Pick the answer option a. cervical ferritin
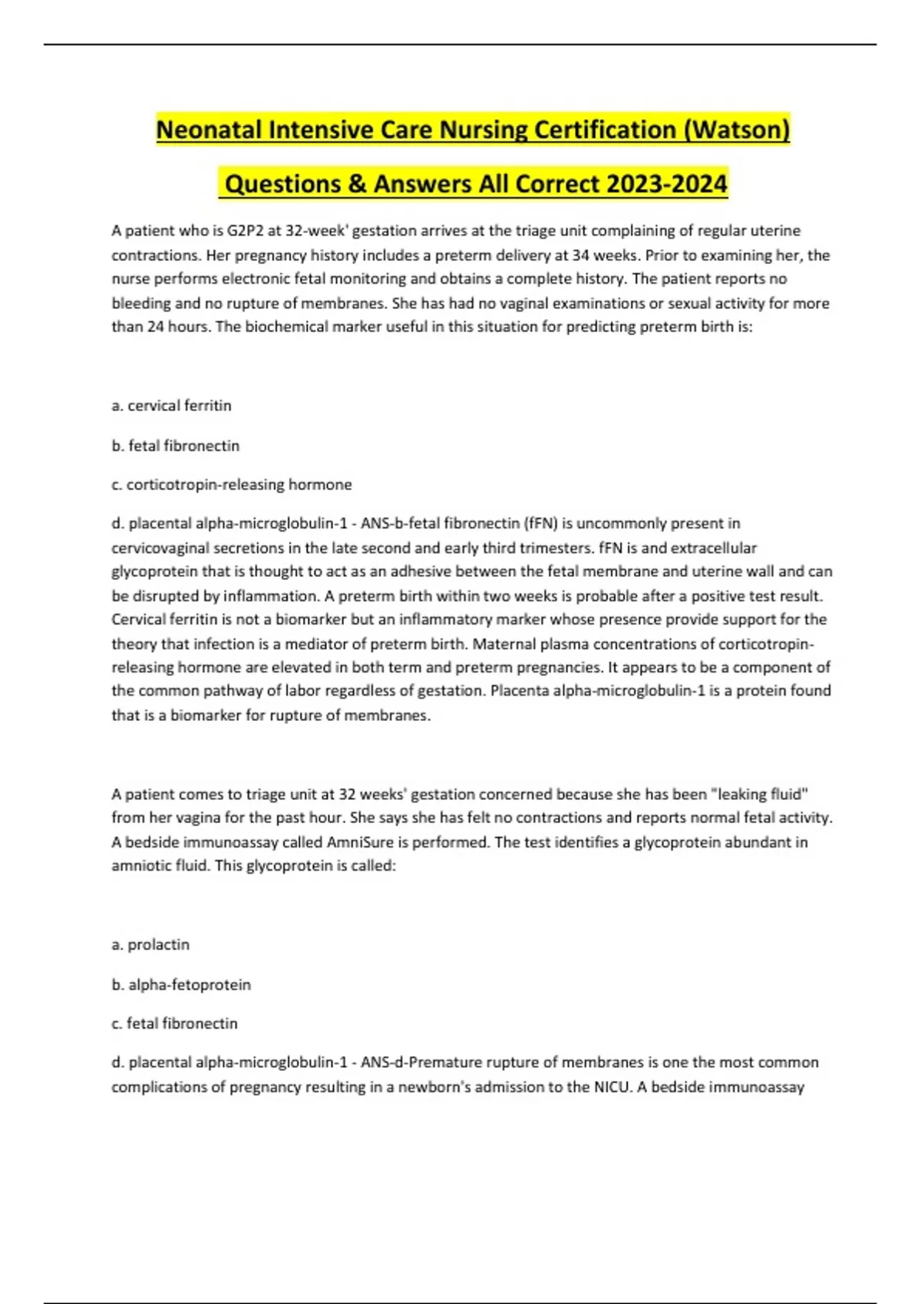171,406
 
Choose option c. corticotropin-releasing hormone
231,485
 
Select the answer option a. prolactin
150,945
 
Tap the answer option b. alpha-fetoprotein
181,985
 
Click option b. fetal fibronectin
176,446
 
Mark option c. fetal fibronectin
174,1024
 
